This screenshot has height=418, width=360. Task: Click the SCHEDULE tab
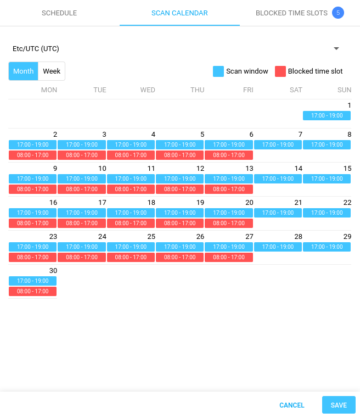[59, 13]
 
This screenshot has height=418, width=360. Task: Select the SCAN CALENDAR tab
[179, 13]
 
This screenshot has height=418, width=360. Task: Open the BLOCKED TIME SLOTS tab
[291, 13]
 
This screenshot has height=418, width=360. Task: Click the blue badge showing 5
[338, 13]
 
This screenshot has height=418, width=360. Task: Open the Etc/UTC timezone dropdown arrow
[336, 48]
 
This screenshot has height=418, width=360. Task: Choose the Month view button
[24, 71]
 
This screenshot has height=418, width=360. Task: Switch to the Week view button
[52, 71]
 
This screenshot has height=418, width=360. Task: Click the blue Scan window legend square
[218, 71]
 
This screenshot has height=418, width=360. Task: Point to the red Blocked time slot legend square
[280, 71]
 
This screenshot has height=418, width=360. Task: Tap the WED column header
[148, 90]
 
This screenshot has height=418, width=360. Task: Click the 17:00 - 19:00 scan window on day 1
[327, 116]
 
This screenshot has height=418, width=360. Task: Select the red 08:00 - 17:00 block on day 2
[32, 155]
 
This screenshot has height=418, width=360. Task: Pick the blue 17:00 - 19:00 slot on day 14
[278, 179]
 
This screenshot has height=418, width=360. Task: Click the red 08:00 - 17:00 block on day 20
[229, 224]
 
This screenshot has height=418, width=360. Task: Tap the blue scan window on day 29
[327, 247]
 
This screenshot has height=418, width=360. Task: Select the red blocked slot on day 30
[32, 292]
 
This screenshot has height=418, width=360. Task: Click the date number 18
[151, 203]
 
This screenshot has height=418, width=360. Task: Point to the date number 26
[200, 237]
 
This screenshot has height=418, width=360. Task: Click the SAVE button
[339, 405]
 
